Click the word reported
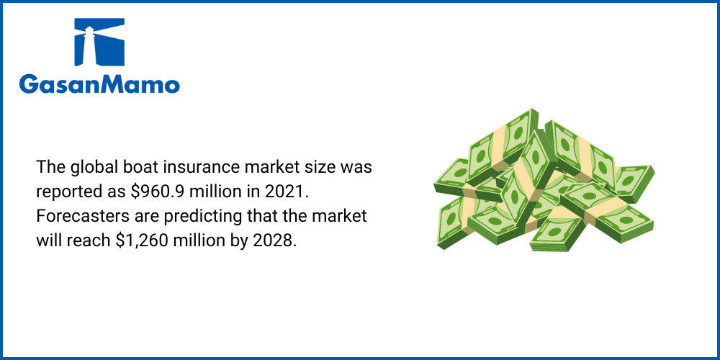(x=66, y=193)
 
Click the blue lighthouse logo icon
(x=99, y=42)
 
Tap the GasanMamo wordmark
(x=99, y=84)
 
